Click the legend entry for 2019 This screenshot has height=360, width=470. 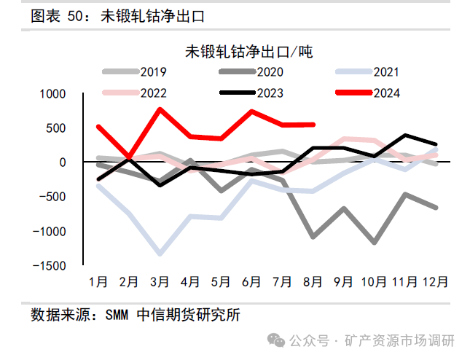(x=135, y=72)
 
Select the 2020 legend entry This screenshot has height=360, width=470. (x=251, y=72)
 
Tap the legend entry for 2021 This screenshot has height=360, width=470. (x=368, y=72)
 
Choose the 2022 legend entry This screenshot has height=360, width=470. (x=135, y=93)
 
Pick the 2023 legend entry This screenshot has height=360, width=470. (x=251, y=93)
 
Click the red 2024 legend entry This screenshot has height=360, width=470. (x=368, y=93)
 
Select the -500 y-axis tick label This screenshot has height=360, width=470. (x=51, y=197)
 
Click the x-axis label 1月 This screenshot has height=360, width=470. (x=98, y=281)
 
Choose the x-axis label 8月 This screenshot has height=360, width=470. (x=313, y=281)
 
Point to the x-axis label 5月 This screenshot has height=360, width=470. (x=221, y=281)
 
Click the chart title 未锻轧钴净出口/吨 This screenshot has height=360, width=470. (x=248, y=52)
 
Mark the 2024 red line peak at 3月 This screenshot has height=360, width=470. (x=160, y=109)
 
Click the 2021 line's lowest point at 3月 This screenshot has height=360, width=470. (x=160, y=254)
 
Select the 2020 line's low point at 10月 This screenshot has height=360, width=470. (x=375, y=242)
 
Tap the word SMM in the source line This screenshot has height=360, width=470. (x=117, y=316)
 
